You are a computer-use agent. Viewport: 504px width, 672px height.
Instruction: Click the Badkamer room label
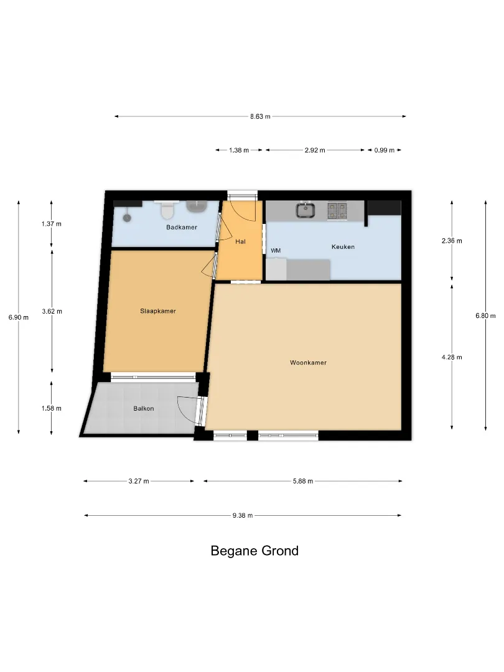click(182, 227)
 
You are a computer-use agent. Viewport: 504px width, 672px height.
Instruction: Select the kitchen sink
click(305, 210)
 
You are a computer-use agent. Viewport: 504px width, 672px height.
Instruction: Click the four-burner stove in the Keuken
click(337, 210)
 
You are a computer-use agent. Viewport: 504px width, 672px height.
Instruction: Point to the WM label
click(276, 250)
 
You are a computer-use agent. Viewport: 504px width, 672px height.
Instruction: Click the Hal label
click(240, 241)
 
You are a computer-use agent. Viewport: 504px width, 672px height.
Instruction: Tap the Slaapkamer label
click(157, 311)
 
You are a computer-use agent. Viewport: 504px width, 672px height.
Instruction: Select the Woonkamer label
click(308, 363)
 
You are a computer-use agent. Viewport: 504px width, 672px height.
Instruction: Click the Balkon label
click(144, 408)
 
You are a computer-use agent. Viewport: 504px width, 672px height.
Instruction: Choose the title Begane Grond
click(254, 551)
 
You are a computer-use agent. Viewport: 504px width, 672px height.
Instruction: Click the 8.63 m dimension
click(260, 116)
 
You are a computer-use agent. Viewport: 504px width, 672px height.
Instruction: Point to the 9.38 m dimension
click(243, 516)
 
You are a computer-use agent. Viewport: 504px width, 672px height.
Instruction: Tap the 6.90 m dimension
click(19, 317)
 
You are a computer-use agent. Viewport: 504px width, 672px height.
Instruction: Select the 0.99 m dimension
click(385, 150)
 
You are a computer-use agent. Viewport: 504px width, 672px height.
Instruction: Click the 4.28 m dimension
click(452, 357)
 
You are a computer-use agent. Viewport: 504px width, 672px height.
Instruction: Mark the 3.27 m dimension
click(139, 481)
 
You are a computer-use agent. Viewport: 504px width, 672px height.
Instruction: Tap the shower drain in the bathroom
click(127, 217)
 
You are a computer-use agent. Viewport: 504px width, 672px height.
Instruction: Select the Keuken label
click(343, 247)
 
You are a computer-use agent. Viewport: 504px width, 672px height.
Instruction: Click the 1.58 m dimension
click(52, 408)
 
